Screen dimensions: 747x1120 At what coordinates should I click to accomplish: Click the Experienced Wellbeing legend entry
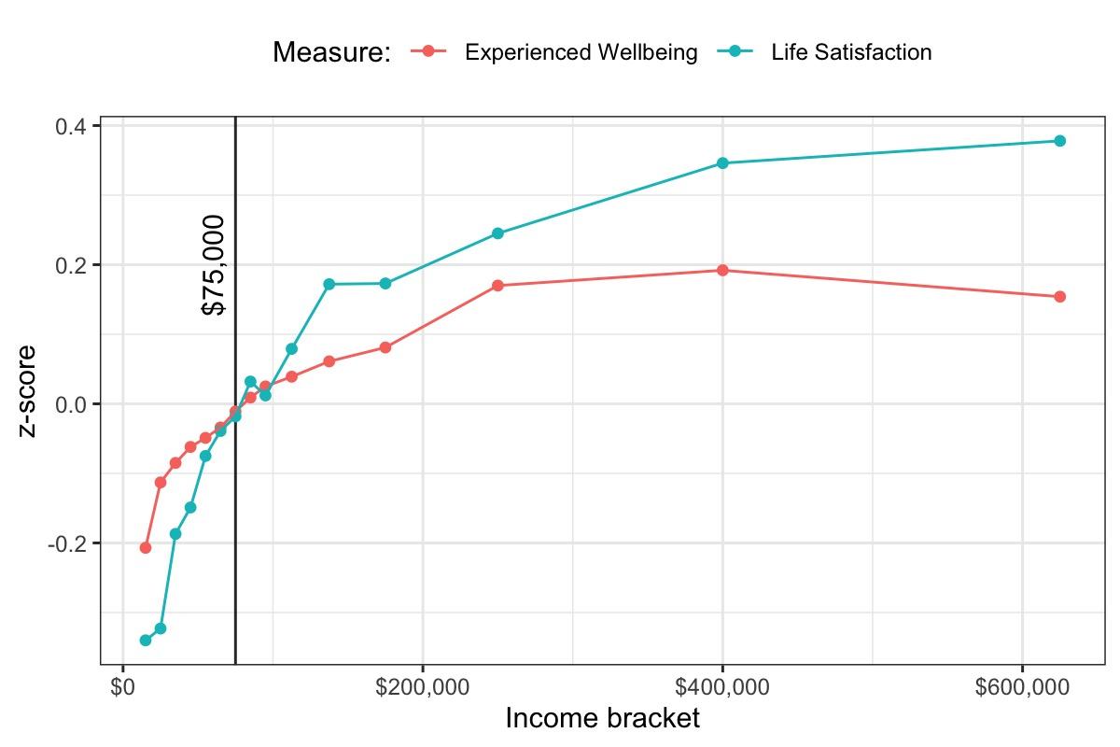(581, 52)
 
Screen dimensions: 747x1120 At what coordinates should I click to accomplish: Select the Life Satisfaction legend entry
(850, 52)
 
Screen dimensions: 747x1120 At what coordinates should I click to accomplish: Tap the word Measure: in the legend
(331, 53)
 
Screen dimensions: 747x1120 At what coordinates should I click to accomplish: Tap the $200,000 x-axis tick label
(423, 688)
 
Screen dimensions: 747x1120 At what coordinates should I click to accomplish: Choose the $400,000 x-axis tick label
(722, 688)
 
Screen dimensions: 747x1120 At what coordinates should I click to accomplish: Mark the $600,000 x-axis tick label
(1022, 688)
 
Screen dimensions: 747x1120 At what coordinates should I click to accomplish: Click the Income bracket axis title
(602, 719)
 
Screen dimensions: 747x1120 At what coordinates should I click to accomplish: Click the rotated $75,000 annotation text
(214, 264)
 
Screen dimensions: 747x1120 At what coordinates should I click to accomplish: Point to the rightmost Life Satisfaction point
(1059, 141)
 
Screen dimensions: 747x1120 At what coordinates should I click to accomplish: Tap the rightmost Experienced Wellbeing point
(1059, 297)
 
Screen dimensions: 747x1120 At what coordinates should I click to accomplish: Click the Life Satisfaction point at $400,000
(722, 163)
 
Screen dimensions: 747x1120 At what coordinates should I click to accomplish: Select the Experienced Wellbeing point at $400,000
(722, 271)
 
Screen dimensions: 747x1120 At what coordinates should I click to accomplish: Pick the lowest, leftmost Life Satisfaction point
(146, 641)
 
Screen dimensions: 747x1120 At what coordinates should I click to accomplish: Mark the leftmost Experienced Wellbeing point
(146, 548)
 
